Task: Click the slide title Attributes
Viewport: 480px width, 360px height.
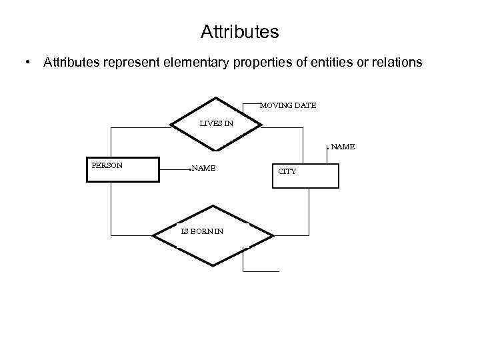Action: pyautogui.click(x=239, y=31)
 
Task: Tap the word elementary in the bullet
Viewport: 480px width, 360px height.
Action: pyautogui.click(x=193, y=63)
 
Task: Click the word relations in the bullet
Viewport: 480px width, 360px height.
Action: pyautogui.click(x=395, y=63)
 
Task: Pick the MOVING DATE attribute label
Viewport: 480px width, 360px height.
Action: pyautogui.click(x=287, y=105)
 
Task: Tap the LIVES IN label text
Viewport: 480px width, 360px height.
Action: pyautogui.click(x=217, y=123)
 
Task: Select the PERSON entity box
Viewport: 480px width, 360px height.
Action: pyautogui.click(x=123, y=169)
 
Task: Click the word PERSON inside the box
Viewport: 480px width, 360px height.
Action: pyautogui.click(x=107, y=165)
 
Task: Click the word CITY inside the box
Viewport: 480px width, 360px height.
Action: pyautogui.click(x=287, y=171)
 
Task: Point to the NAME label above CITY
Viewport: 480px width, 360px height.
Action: pyautogui.click(x=343, y=147)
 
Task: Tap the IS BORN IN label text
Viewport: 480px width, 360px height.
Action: pyautogui.click(x=202, y=231)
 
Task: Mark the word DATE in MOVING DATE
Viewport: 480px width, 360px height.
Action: pyautogui.click(x=304, y=105)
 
